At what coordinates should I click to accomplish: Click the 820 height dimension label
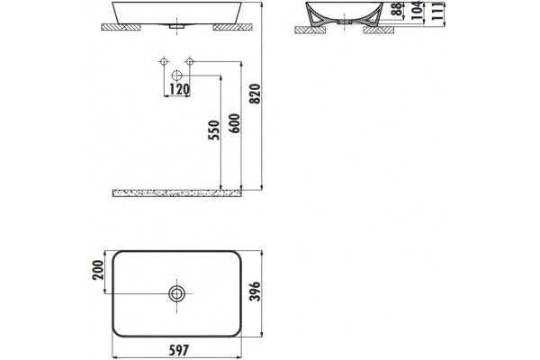click(x=256, y=94)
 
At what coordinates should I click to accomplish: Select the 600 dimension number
click(x=235, y=123)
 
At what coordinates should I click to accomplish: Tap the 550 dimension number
click(x=213, y=130)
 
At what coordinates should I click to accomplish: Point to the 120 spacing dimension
click(x=179, y=89)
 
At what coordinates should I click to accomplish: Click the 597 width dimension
click(x=179, y=350)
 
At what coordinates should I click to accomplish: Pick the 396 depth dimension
click(x=256, y=292)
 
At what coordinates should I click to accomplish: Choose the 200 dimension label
click(x=98, y=270)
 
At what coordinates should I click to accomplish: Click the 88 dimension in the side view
click(x=398, y=9)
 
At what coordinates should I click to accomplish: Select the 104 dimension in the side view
click(x=417, y=10)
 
